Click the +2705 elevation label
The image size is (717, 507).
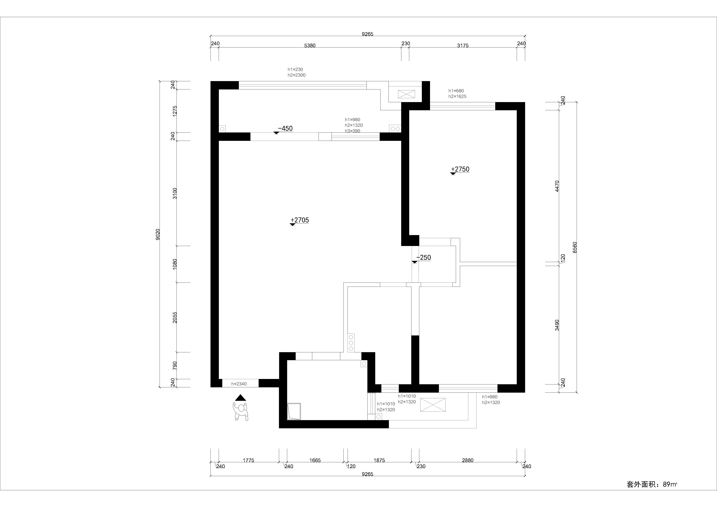300,220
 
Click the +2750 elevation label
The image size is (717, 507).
460,169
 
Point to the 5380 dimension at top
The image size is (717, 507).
310,46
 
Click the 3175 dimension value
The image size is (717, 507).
463,46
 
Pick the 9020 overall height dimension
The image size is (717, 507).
158,234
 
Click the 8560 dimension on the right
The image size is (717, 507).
575,247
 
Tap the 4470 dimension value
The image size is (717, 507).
557,186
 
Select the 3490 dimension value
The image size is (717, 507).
557,325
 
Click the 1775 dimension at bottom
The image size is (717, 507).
249,460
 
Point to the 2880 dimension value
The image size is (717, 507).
468,460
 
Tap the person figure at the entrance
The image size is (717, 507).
241,411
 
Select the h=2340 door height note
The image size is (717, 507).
239,384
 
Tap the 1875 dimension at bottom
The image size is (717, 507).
379,460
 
